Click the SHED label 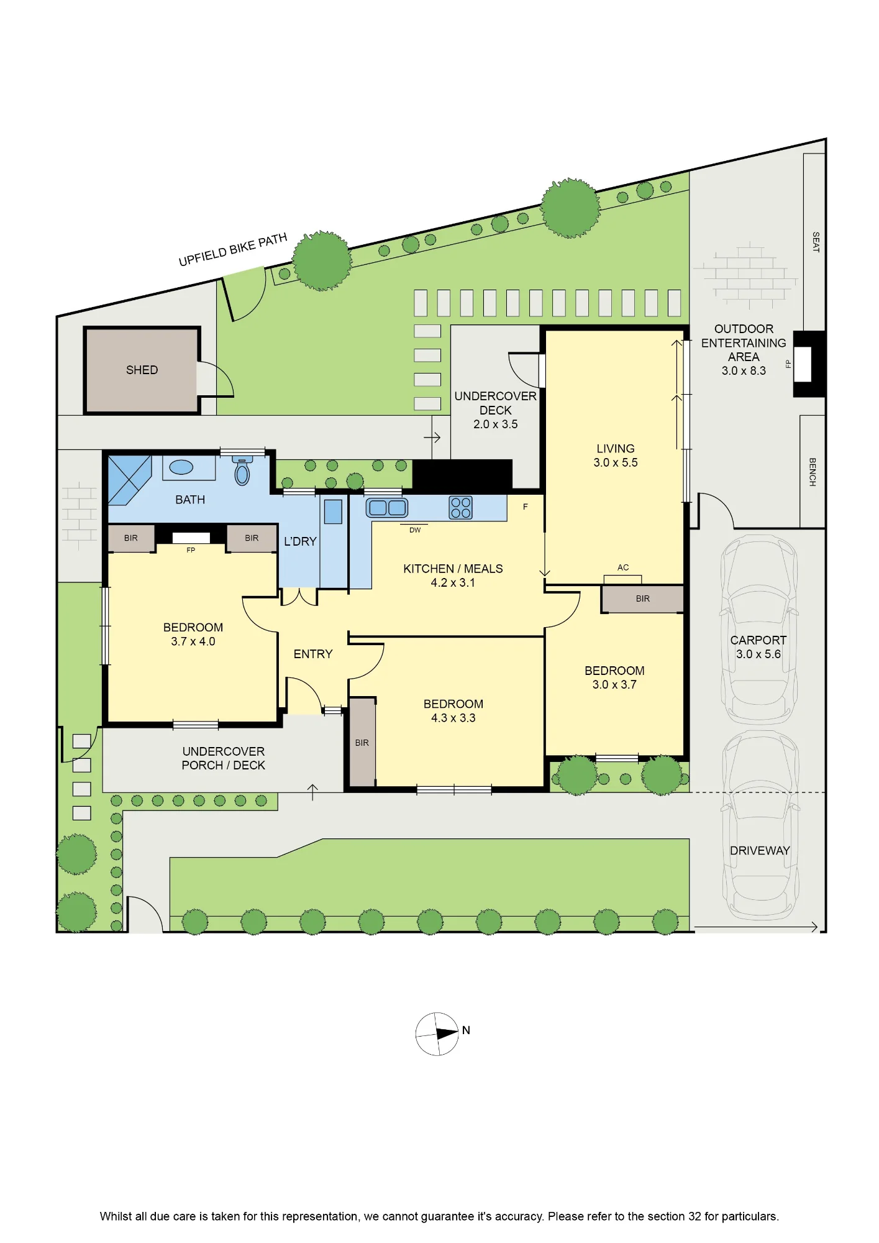(142, 370)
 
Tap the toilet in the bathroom (242, 470)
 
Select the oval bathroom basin (181, 467)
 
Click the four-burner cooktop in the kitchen (460, 508)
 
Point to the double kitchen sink (387, 508)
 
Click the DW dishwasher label (415, 530)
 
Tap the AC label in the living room (623, 567)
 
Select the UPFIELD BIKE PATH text (233, 250)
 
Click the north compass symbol (437, 1034)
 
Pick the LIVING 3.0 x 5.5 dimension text (616, 462)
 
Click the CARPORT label (758, 640)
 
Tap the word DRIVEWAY (760, 850)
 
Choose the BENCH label (813, 472)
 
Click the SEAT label (816, 242)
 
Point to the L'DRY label (300, 541)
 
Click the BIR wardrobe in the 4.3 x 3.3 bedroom (362, 743)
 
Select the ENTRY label (313, 654)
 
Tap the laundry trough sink (333, 511)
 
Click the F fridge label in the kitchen (526, 507)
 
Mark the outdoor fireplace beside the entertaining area (809, 364)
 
